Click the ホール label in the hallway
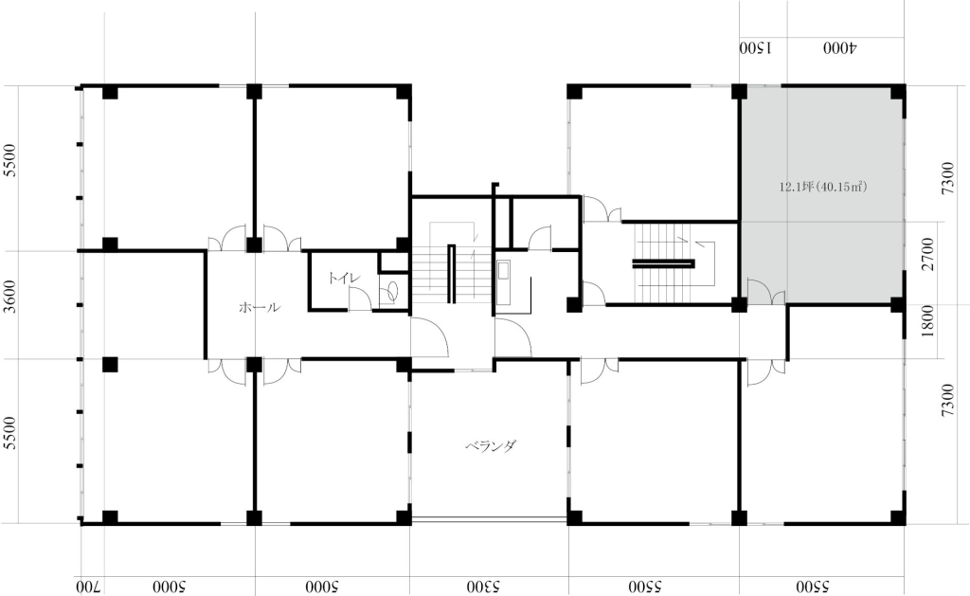coord(260,307)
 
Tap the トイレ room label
coord(344,278)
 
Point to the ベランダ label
coord(491,445)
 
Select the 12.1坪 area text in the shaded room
coord(823,187)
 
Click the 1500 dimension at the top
coord(755,48)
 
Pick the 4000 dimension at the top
coord(840,48)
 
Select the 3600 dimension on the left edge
coord(9,297)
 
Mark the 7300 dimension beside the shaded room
coord(947,178)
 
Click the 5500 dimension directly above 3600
coord(9,160)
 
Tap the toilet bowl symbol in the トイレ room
coord(389,292)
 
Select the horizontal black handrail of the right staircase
coord(663,264)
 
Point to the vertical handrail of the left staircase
coord(452,274)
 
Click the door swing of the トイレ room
coord(359,298)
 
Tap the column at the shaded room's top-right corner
coord(898,92)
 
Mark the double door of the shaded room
coord(766,292)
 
